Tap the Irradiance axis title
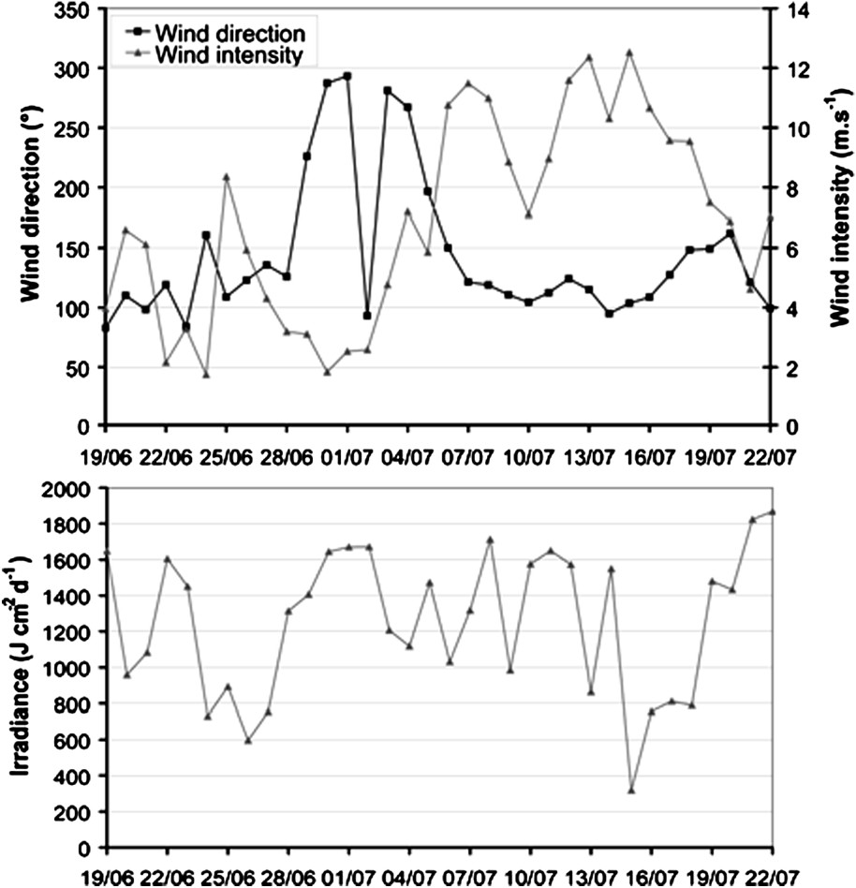pos(21,667)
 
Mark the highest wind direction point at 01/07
pos(347,76)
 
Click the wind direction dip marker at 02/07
pos(367,316)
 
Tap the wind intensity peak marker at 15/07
pos(629,52)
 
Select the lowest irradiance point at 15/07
pos(630,791)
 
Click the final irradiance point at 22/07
pos(771,512)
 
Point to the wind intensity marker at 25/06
pos(226,177)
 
